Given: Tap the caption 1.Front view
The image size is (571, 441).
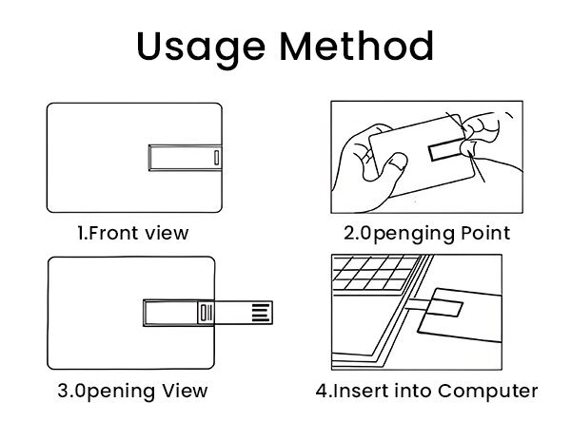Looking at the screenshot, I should [x=133, y=233].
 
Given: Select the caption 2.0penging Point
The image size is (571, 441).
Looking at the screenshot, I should [x=426, y=233].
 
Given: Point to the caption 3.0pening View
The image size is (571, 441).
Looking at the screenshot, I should [x=133, y=391].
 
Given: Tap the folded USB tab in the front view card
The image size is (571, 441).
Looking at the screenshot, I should [x=186, y=158].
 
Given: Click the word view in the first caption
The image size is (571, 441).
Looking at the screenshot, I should [x=166, y=233].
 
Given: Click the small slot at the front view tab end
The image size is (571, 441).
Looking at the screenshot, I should [x=218, y=158].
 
